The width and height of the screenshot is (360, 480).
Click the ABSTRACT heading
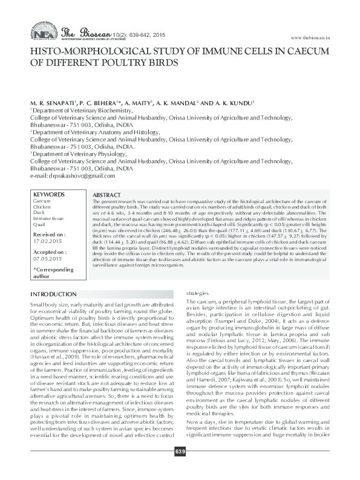click(107, 196)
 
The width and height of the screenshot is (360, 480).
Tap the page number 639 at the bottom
click(180, 469)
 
